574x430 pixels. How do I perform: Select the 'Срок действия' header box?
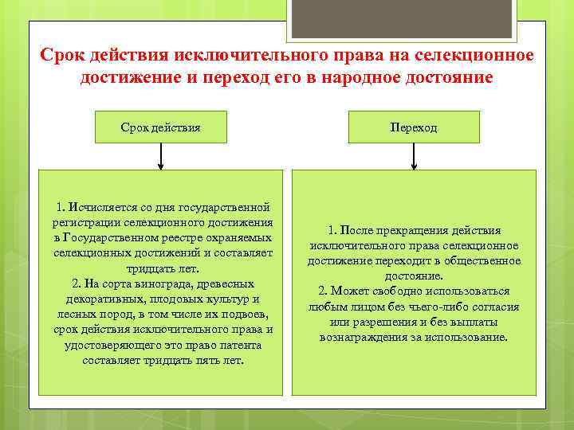pos(160,127)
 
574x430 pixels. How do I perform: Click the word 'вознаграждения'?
pos(360,337)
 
